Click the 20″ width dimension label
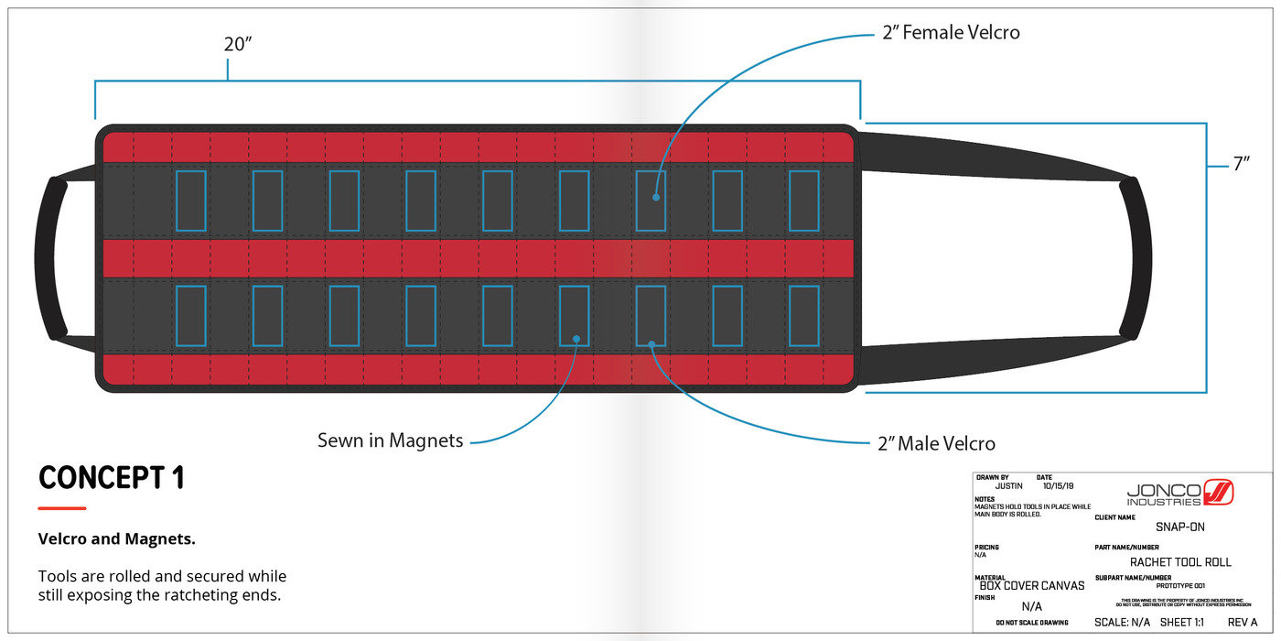point(237,44)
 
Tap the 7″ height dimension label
point(1241,164)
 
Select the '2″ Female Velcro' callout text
point(951,33)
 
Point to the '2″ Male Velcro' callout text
point(936,444)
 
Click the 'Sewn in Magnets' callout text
point(391,440)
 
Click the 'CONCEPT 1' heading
point(112,478)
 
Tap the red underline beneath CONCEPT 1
point(62,508)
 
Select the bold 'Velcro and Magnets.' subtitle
point(117,539)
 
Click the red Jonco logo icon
point(1218,492)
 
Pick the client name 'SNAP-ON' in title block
point(1180,527)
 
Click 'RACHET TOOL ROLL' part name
point(1180,562)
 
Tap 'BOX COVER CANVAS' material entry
point(1032,585)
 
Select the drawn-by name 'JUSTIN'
point(1009,486)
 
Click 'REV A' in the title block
point(1243,623)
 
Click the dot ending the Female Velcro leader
point(656,197)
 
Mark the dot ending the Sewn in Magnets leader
point(576,339)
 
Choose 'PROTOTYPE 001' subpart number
point(1180,586)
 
